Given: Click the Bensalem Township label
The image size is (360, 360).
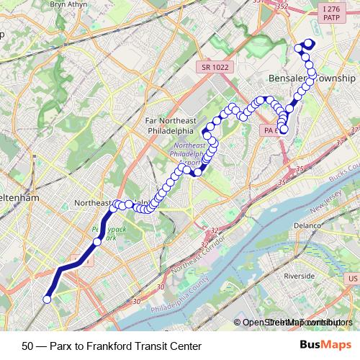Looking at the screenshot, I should pyautogui.click(x=312, y=78).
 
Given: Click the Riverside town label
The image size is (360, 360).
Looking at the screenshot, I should pyautogui.click(x=300, y=276).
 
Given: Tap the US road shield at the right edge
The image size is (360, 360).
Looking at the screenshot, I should pyautogui.click(x=353, y=278).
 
